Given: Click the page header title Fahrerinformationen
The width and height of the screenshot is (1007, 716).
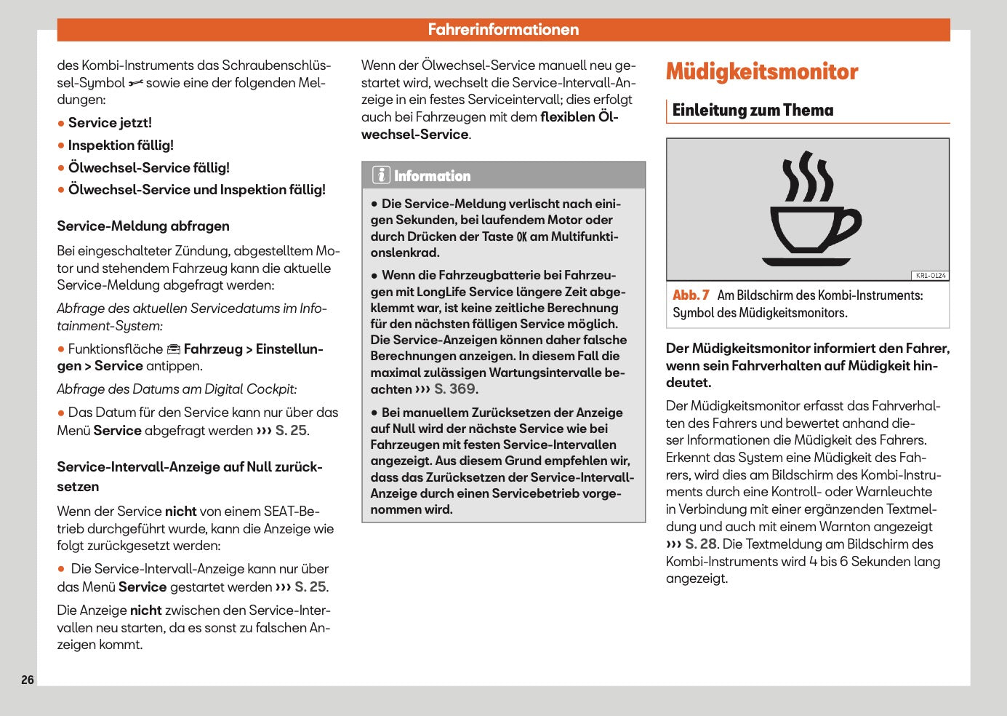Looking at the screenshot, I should tap(503, 30).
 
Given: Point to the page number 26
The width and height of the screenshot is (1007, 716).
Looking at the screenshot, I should tap(28, 680).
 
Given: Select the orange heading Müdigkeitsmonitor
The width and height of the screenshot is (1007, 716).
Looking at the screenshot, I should tap(761, 71).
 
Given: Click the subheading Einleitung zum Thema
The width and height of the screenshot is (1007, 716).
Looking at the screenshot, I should tap(753, 111).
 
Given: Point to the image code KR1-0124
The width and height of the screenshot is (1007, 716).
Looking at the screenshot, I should tap(930, 276).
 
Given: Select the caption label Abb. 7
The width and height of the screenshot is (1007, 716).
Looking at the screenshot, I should tap(691, 295).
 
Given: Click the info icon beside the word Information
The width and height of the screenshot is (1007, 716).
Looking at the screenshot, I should tap(381, 175).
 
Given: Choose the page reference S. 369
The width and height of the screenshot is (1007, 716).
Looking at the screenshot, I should tap(456, 389).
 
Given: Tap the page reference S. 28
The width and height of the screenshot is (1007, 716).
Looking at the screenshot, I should tap(701, 544).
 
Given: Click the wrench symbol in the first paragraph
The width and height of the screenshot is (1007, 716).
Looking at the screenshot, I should tap(136, 84).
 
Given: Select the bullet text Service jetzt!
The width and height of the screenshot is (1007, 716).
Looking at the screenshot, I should tap(110, 122).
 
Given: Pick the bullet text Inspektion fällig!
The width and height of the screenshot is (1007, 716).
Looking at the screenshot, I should tap(121, 145).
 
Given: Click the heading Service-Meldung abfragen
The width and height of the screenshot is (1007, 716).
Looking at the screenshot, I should tap(143, 226).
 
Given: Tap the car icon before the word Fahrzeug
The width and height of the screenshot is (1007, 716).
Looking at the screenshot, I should tap(174, 349).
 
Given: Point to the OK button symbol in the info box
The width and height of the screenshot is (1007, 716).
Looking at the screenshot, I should tap(521, 236).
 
